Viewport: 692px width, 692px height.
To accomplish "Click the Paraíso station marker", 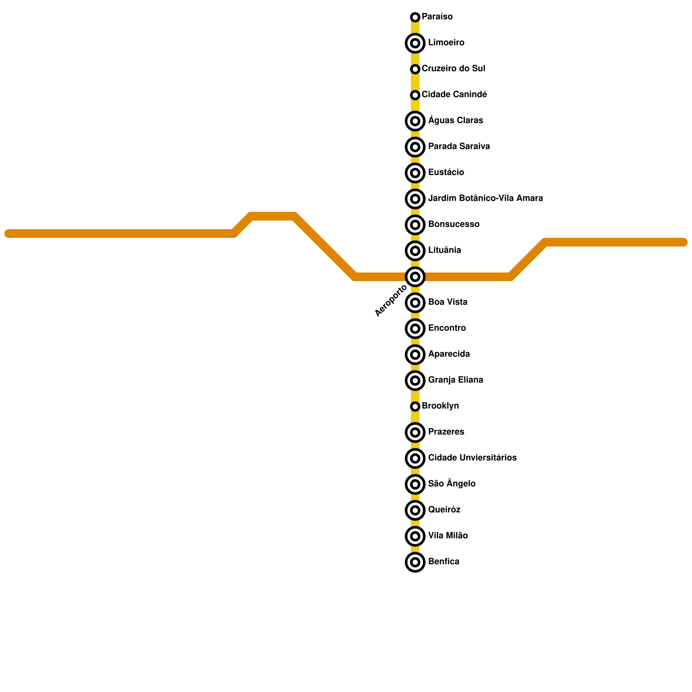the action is [x=415, y=17].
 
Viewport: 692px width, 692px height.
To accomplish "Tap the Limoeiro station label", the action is [x=446, y=43].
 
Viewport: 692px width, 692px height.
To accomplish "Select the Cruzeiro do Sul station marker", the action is [x=415, y=69].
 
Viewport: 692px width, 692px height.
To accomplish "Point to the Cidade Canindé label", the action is [x=454, y=95].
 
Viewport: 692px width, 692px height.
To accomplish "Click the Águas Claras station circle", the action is [x=415, y=121].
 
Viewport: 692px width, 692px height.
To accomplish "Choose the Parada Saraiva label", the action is [x=458, y=147].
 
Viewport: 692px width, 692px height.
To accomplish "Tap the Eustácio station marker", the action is [x=415, y=173].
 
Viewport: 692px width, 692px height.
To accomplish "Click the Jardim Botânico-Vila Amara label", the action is [x=485, y=199].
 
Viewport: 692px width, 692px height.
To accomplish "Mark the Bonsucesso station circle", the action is [x=415, y=225].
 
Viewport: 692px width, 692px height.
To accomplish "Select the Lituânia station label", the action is [x=444, y=250].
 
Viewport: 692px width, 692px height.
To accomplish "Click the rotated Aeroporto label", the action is [x=391, y=301].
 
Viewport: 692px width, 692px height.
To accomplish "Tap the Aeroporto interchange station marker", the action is [x=415, y=277].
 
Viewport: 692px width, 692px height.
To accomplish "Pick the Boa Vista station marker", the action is [x=415, y=303].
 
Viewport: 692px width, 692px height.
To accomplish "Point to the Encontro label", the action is [x=447, y=328].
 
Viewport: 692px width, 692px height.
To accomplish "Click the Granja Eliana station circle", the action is [x=415, y=381].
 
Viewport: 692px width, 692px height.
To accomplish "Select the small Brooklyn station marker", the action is [x=415, y=407].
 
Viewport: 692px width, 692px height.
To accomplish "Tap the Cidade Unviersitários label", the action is [x=472, y=458].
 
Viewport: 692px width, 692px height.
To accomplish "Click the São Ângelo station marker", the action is [x=415, y=484].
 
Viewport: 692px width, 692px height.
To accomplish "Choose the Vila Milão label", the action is [x=448, y=536].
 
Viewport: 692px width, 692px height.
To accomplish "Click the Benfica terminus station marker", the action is [x=415, y=562].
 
